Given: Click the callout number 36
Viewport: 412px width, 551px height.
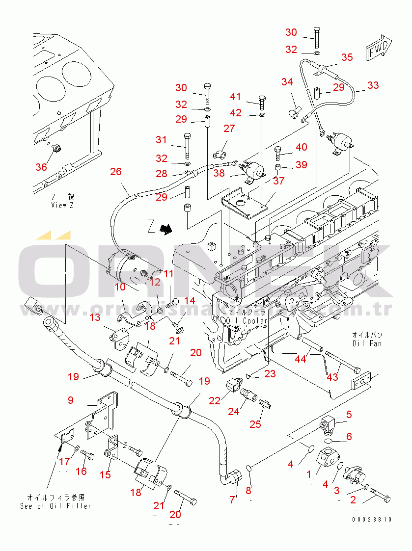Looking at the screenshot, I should [41, 167].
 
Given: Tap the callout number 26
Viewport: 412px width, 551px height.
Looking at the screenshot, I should [116, 172].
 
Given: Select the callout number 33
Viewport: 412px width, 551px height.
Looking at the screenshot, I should [373, 85].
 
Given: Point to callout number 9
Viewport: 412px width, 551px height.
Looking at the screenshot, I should [71, 400].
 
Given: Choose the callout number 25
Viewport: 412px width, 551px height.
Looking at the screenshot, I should [255, 424].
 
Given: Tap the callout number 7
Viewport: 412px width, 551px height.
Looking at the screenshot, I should [233, 499].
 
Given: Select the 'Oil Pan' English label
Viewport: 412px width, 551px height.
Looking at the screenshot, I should [367, 343].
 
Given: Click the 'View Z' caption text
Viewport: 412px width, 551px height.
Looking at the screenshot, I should [62, 205].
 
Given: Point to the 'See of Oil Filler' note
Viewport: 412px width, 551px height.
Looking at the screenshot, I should [55, 506].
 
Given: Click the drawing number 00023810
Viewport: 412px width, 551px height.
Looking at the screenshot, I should [372, 520].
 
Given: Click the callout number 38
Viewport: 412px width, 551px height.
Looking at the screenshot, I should [219, 173].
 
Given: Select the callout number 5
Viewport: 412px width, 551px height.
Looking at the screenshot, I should [349, 415].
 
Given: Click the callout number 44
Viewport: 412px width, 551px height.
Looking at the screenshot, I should [300, 359].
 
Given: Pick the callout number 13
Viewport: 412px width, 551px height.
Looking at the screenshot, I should [95, 318].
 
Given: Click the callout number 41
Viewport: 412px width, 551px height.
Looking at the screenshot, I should [236, 97].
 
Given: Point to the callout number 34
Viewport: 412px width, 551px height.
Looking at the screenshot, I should [287, 81].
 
